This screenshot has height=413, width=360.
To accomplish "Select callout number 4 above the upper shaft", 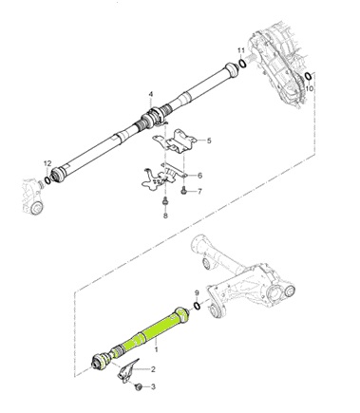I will (149, 94).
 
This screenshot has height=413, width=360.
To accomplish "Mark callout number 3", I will (154, 388).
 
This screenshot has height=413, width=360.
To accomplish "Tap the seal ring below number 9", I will (196, 306).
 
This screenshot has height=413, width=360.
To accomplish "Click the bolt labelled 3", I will (139, 387).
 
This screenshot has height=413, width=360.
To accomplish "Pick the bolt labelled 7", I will (183, 191).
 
